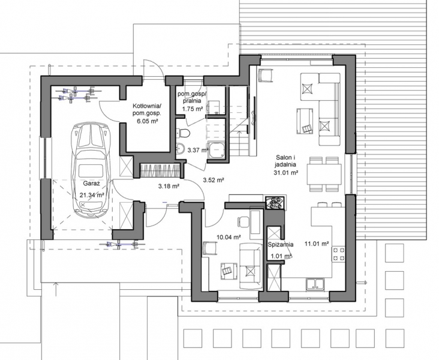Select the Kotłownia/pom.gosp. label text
point(147,110)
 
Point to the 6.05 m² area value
point(148,121)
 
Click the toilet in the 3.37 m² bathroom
point(184,133)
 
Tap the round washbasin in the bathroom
point(180,148)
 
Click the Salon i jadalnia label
point(285,161)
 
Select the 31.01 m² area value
point(285,173)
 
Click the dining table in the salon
point(324,174)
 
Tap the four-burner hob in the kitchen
point(338,254)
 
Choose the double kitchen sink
point(315,283)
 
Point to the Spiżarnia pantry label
point(280,244)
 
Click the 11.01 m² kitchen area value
point(317,244)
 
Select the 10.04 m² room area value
point(229,238)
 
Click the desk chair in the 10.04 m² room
point(243,221)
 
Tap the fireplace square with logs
point(275,202)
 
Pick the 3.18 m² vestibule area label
point(169,186)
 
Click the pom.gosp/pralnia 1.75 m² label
point(193,101)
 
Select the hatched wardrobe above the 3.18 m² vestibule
point(160,170)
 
